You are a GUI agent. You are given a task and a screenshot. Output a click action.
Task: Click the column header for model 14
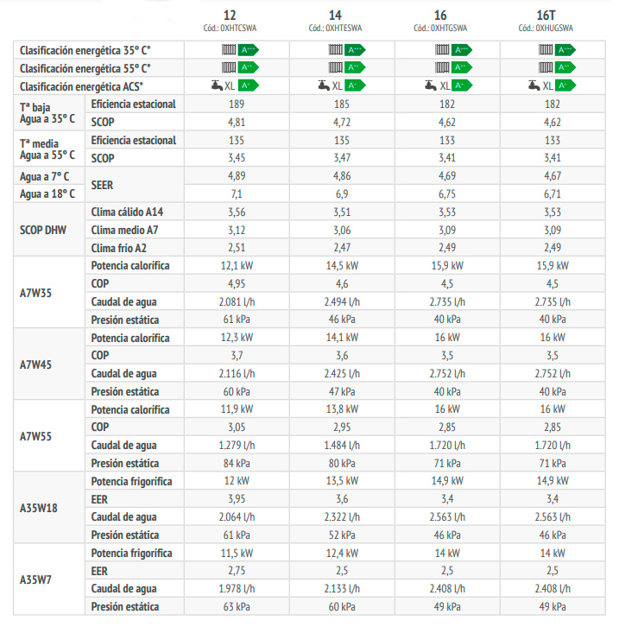click(335, 16)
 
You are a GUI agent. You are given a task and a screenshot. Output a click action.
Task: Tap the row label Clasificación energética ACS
click(82, 85)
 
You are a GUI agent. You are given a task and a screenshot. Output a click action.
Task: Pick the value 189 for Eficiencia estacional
click(236, 104)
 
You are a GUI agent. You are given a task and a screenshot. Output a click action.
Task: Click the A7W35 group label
click(36, 293)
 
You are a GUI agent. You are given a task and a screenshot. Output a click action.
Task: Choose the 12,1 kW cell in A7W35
click(236, 265)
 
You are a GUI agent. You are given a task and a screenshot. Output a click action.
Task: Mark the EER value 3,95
click(236, 499)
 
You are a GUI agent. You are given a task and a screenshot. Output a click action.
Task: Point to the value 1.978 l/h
click(236, 589)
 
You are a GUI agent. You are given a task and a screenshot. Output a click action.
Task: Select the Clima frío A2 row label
click(120, 247)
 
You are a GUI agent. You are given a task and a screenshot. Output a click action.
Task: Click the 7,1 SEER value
click(236, 193)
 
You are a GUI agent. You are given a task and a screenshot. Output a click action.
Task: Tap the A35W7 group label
click(36, 579)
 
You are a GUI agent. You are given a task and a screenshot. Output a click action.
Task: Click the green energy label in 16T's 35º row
click(565, 49)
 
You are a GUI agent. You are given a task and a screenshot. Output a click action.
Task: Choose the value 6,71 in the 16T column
click(549, 193)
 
